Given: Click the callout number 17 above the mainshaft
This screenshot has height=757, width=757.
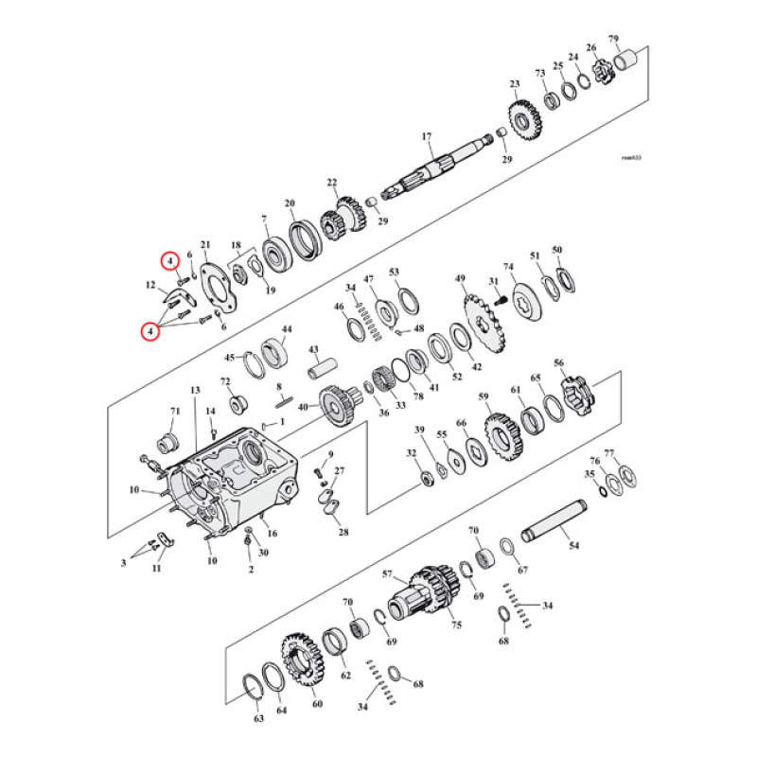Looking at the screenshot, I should (x=426, y=136).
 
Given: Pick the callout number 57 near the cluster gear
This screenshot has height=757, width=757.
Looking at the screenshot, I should (x=387, y=574).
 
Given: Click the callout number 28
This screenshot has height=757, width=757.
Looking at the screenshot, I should (x=343, y=532).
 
